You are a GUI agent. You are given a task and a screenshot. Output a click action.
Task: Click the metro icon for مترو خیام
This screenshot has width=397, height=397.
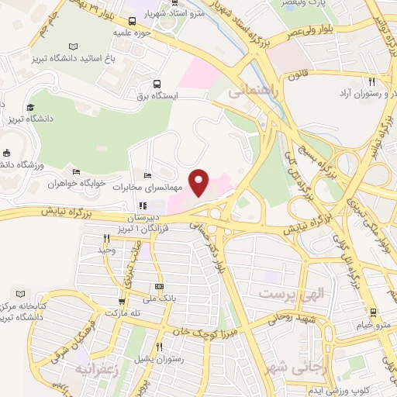pyautogui.click(x=374, y=312)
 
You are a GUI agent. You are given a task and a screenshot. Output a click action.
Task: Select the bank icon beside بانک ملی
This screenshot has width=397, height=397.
pyautogui.click(x=159, y=287)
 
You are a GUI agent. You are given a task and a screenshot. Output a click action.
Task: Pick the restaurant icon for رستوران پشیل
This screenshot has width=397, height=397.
pyautogui.click(x=158, y=347)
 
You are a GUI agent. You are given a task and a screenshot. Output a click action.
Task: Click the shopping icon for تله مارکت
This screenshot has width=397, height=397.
pyautogui.click(x=121, y=302)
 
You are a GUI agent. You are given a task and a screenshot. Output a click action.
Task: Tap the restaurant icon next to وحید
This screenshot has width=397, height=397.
pyautogui.click(x=106, y=239)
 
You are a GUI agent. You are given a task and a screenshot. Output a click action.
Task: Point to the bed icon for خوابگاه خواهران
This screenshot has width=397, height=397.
pyautogui.click(x=75, y=172)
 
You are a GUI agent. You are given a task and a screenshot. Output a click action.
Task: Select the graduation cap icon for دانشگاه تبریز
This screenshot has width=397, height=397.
pyautogui.click(x=30, y=107)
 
